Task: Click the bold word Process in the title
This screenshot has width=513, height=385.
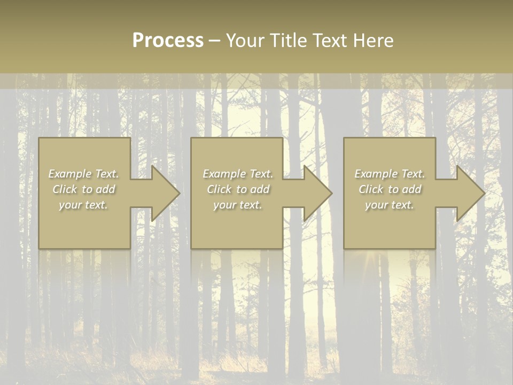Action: (168, 41)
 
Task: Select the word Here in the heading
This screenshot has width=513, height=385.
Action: (374, 41)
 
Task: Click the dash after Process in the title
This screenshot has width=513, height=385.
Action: (215, 41)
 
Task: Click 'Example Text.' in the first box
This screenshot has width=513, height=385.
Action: (83, 174)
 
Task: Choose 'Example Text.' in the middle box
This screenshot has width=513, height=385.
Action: (238, 174)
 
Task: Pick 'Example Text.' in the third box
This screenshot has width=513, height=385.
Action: (390, 174)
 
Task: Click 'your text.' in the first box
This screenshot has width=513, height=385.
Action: (83, 205)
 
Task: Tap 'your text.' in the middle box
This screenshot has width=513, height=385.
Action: (238, 205)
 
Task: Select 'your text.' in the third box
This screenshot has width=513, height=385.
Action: (390, 205)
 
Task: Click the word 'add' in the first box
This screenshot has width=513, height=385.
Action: (105, 189)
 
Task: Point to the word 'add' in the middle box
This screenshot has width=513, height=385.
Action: (260, 189)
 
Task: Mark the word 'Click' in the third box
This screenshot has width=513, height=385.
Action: (371, 189)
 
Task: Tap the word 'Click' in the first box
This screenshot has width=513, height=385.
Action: (65, 189)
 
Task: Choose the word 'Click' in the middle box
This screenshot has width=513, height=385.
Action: (219, 189)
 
